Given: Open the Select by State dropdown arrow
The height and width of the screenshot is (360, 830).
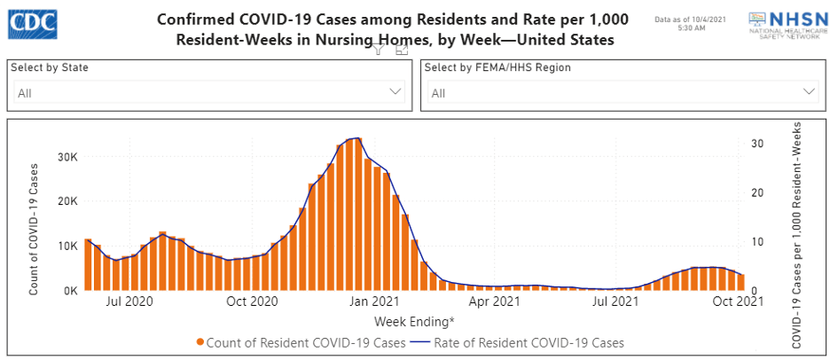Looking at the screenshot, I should click(395, 91).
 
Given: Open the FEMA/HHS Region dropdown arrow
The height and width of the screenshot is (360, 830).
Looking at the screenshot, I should click(809, 91).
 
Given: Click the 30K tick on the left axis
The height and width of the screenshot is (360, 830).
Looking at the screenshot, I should click(67, 157).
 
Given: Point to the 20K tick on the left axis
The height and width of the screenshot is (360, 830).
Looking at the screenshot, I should click(67, 201).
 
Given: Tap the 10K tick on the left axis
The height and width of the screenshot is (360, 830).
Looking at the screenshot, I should click(67, 246).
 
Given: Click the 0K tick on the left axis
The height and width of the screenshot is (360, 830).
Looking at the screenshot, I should click(70, 290).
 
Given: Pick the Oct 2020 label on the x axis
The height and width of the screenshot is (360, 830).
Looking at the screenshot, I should click(253, 301).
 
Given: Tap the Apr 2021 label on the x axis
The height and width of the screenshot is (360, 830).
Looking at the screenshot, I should click(494, 301).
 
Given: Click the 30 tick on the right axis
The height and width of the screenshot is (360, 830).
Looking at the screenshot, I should click(756, 143).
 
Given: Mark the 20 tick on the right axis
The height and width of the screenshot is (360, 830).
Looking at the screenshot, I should click(756, 192).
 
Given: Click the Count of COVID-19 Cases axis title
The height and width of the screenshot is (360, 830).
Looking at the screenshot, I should click(34, 229).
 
